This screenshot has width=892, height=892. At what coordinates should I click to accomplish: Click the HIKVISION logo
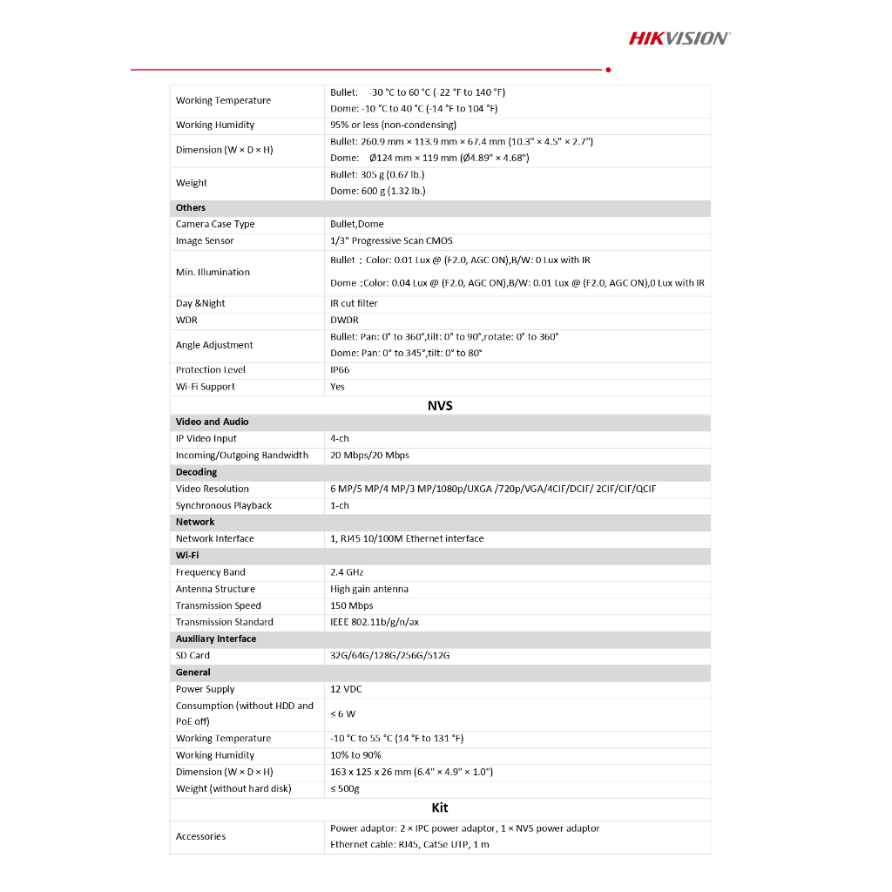(679, 37)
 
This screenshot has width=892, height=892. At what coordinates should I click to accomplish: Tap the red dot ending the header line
(607, 69)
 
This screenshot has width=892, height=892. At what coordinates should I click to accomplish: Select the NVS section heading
(440, 405)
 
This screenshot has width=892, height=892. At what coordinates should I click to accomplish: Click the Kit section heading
(440, 808)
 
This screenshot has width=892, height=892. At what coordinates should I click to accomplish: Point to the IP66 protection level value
(340, 370)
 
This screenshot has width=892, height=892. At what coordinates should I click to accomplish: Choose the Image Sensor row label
(205, 241)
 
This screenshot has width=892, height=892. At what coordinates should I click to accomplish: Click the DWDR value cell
(344, 321)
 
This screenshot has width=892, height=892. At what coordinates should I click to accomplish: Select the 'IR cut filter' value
(354, 304)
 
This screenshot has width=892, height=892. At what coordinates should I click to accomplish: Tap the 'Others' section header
(191, 208)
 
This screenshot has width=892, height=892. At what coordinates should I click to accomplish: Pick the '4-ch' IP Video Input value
(340, 439)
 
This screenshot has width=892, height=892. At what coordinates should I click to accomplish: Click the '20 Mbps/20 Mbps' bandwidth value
(369, 456)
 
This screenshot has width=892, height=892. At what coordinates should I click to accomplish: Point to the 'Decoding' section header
(196, 472)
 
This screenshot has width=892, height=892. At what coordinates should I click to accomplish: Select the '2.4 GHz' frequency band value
(347, 572)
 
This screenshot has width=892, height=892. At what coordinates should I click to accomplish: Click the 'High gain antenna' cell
(369, 589)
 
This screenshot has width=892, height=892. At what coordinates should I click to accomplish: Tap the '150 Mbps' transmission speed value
(351, 605)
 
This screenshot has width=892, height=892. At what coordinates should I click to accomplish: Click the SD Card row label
(193, 656)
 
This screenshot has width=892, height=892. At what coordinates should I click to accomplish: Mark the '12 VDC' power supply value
(346, 689)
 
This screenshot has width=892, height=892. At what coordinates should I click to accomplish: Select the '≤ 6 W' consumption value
(342, 714)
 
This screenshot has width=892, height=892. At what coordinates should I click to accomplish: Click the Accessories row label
(200, 837)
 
